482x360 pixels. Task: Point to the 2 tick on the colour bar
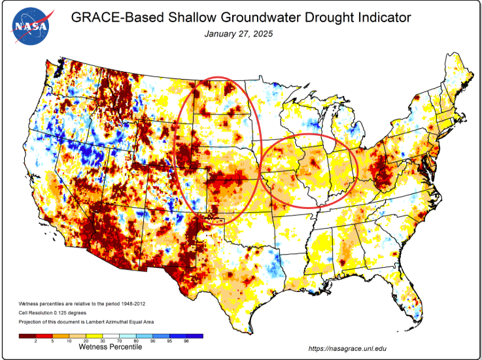[35, 341]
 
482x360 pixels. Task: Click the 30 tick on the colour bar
[103, 341]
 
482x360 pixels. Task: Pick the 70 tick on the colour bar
[120, 341]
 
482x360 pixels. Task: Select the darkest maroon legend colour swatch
[26, 336]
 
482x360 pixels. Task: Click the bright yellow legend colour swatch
[94, 336]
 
